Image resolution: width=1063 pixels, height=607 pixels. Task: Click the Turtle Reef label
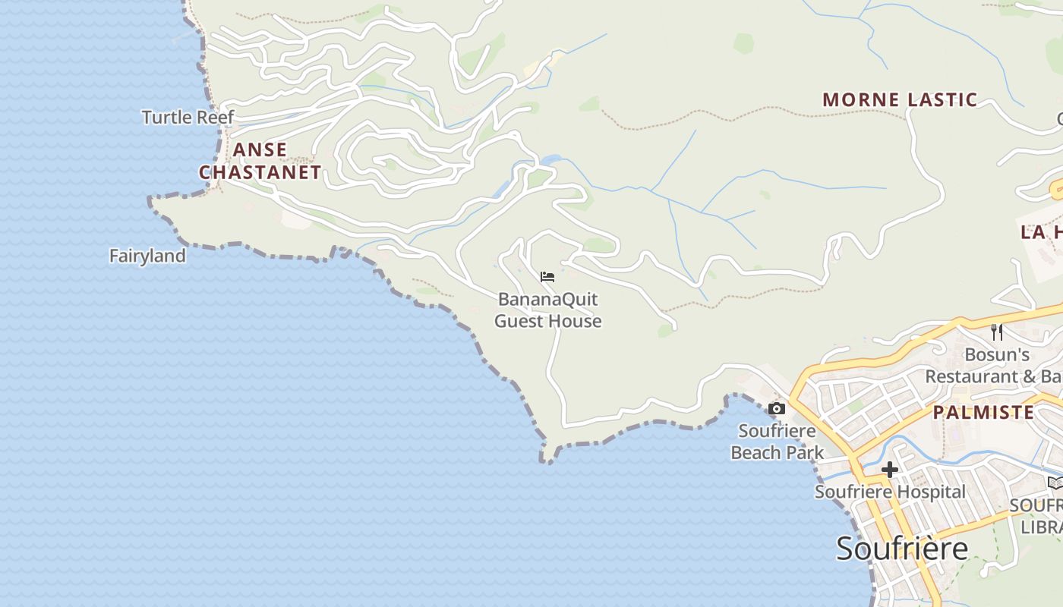(188, 117)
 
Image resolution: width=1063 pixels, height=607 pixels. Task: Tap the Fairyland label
(147, 256)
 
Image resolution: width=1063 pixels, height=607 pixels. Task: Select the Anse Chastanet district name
(260, 161)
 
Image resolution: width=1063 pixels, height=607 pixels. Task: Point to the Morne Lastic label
(900, 99)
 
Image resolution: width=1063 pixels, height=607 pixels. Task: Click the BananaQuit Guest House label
(547, 310)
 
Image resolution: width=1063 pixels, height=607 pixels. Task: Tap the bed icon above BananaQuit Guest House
(547, 276)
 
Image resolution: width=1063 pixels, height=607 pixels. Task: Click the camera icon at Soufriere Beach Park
(776, 409)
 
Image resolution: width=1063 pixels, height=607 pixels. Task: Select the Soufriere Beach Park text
(777, 442)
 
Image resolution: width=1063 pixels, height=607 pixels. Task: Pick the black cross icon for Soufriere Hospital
(889, 470)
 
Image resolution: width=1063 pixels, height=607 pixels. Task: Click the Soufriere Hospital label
(890, 492)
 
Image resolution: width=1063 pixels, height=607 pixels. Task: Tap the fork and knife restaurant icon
(997, 332)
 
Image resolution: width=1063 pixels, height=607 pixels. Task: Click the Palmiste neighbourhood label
(983, 412)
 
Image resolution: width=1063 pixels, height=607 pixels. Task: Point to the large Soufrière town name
(902, 548)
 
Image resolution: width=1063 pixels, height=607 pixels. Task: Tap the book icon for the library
(1055, 483)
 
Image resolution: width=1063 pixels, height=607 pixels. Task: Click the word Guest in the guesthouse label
(519, 321)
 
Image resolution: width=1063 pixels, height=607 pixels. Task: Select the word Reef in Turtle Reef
(216, 117)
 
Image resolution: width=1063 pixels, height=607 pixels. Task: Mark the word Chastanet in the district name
(260, 172)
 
